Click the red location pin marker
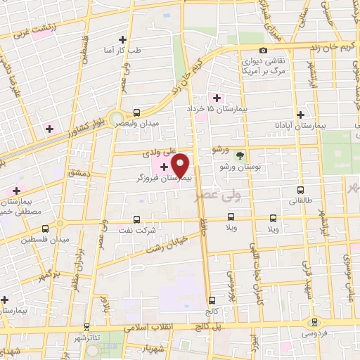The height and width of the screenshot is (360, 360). click(x=181, y=165)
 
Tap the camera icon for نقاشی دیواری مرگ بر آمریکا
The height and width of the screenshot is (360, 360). click(x=263, y=51)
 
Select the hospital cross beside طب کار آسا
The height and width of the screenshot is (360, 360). click(x=123, y=39)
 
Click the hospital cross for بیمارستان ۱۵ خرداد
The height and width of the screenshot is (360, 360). click(x=217, y=98)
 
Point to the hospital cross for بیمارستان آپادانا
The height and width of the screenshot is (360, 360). click(x=300, y=114)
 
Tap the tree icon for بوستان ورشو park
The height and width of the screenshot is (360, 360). click(x=241, y=155)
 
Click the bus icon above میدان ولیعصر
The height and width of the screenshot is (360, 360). click(x=136, y=112)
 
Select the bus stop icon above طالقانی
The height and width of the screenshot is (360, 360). click(x=301, y=190)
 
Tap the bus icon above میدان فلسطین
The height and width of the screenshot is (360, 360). click(x=46, y=229)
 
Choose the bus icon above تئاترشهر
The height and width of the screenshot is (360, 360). click(x=86, y=327)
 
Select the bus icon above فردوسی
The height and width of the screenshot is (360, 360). click(x=314, y=322)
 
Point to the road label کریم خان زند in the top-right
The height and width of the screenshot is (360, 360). click(x=336, y=45)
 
